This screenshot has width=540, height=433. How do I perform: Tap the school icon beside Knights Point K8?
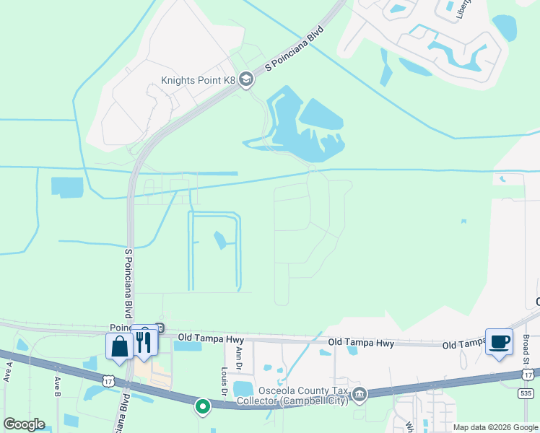[246, 79]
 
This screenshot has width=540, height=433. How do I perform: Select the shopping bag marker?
[118, 346]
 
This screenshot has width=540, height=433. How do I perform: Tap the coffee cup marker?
[499, 341]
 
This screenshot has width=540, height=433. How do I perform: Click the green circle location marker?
[203, 407]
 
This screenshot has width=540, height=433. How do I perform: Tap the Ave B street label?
[57, 386]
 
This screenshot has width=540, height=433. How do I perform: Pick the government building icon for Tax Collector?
[359, 394]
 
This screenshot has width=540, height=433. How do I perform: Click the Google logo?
[24, 424]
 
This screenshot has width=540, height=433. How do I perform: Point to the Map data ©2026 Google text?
[495, 427]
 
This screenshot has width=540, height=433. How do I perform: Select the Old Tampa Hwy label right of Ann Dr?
[361, 343]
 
